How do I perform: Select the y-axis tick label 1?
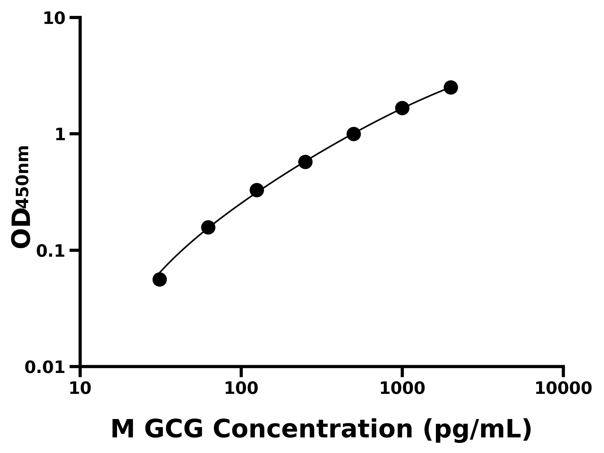coord(60,135)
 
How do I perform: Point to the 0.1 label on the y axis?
coord(51,251)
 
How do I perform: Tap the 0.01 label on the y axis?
coord(45,367)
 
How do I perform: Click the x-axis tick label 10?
coord(80,389)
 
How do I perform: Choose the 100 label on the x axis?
coord(241,389)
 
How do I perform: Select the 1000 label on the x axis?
coord(402,389)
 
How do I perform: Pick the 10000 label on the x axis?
coord(563,389)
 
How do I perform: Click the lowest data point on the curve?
coord(160,280)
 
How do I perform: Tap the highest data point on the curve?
coord(451,87)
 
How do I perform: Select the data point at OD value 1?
coord(354,134)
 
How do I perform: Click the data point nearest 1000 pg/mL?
coord(402,108)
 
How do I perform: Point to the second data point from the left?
coord(208,228)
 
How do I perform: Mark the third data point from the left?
coord(257,190)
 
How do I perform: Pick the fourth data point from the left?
coord(305,162)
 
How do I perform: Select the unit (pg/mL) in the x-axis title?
coord(477,430)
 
